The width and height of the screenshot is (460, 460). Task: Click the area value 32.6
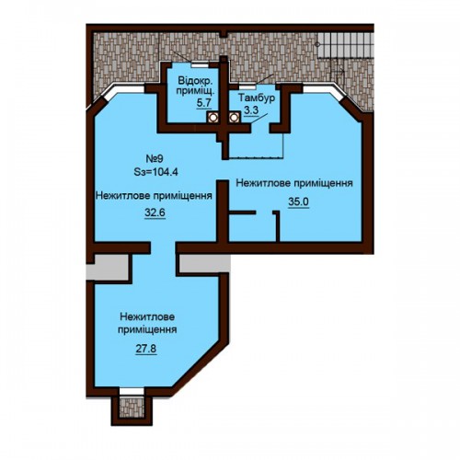point(155,213)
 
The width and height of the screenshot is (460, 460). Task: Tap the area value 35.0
point(298,201)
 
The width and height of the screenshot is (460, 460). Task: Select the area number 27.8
point(146,349)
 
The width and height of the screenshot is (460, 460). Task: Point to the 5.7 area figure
point(204,102)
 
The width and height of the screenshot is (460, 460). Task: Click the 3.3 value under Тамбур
point(251,109)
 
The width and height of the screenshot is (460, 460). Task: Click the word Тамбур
point(257,98)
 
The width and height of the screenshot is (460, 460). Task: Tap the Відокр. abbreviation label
point(195,81)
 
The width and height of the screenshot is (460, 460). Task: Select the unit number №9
point(155,159)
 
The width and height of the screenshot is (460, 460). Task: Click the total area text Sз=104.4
point(156,172)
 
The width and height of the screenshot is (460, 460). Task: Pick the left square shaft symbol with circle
point(213,117)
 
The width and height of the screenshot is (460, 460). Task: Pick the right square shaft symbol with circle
point(235,117)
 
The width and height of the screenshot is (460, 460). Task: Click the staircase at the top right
point(346,45)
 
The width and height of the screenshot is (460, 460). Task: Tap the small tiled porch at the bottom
point(132,408)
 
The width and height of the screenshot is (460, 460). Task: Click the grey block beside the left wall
point(107,267)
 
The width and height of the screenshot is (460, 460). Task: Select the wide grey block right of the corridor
point(204,263)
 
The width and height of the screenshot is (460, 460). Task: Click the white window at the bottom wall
point(132,391)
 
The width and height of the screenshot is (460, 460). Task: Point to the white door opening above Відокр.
point(200,64)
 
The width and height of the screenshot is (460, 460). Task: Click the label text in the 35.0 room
point(294,183)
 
